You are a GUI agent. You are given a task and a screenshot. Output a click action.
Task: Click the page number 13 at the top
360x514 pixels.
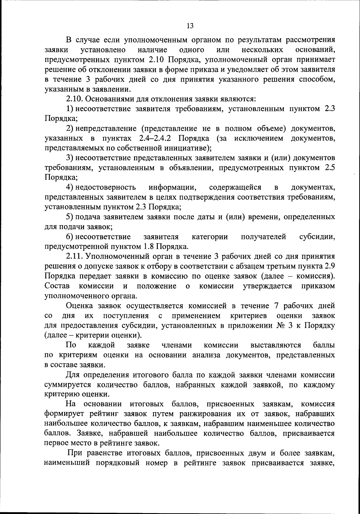click(x=190, y=26)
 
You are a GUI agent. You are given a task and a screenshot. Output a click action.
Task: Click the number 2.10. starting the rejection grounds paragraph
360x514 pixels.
click(x=74, y=99)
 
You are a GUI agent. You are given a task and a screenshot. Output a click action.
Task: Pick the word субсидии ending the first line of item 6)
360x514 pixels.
click(x=317, y=237)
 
